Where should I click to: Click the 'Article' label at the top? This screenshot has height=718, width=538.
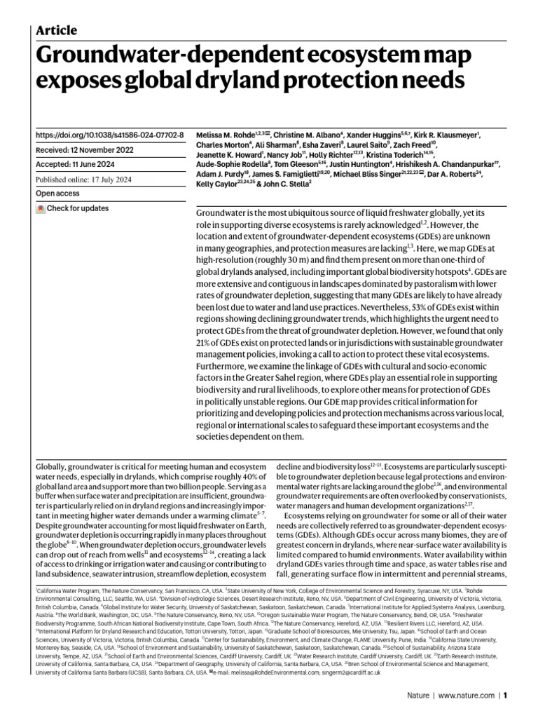pos(56,30)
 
